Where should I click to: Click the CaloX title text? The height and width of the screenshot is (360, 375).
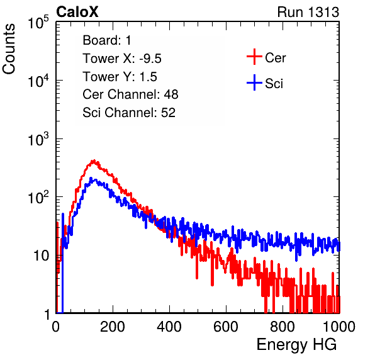pos(77,12)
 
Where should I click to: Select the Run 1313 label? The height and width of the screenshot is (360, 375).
pos(308,12)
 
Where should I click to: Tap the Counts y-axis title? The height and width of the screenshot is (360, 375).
pos(9,49)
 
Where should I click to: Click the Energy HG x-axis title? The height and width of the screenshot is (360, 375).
pos(296,345)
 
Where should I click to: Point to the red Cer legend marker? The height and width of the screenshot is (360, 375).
pos(254,57)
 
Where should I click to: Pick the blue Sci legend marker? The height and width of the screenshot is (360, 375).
pos(254,82)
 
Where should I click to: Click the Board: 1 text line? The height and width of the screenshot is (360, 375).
pos(107,40)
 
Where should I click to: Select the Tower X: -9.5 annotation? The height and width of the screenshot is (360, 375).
pos(122,59)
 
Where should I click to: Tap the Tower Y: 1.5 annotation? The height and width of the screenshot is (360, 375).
pos(120,77)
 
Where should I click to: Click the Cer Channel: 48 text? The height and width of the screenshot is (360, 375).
pos(130,94)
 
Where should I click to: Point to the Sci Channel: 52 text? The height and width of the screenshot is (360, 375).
pos(129,113)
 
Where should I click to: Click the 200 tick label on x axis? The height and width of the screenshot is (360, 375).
pos(113,326)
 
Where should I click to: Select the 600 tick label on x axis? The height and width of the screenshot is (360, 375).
pos(226,326)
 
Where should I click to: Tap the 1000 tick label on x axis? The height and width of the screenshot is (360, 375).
pos(339,326)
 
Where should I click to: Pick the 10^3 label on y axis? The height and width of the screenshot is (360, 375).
pos(38,139)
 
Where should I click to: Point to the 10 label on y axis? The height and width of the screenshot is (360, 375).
pos(41,256)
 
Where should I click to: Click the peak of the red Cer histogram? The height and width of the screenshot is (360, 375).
pos(94,160)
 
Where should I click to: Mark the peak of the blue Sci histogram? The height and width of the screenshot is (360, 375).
pos(91,179)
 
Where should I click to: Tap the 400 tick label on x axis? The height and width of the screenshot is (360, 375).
pos(169,326)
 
